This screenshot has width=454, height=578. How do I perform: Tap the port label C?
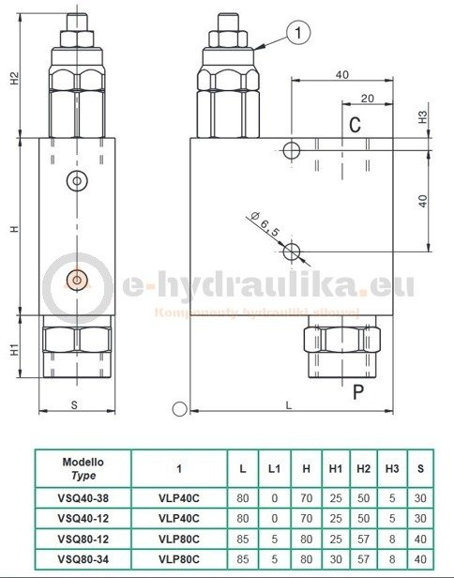tap(355, 125)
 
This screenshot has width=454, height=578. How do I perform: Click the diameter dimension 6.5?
tap(266, 226)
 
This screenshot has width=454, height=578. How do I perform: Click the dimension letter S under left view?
tap(74, 405)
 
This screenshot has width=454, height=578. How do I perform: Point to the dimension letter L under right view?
tap(288, 405)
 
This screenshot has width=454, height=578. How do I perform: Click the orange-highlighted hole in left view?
tap(77, 277)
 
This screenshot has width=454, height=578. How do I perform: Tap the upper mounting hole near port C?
tap(293, 150)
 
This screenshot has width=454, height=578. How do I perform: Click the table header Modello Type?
tap(83, 468)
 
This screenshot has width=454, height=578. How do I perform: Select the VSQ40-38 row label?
tap(83, 498)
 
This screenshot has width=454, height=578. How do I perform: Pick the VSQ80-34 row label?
tap(83, 560)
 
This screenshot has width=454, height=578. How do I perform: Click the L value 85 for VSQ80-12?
tap(243, 540)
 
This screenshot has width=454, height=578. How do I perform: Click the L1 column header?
tap(274, 468)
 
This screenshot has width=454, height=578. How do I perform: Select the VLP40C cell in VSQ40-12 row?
tap(178, 519)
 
